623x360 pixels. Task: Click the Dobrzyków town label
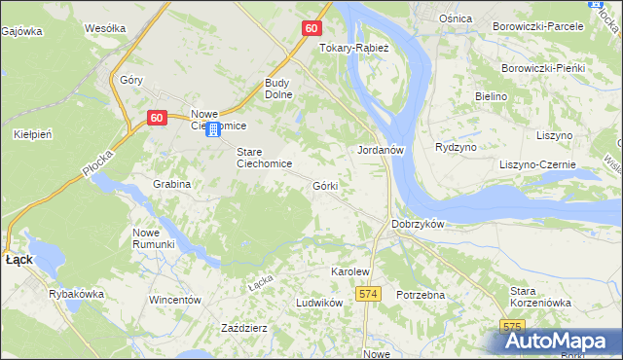418,224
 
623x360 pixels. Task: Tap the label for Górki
325,185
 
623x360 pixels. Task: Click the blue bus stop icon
212,129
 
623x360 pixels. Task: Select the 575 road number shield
512,327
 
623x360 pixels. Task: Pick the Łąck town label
19,261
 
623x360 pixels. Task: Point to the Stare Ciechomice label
265,158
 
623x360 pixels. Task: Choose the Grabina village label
170,183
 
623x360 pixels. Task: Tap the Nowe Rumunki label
153,238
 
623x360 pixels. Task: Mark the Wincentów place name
174,300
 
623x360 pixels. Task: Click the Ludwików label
320,303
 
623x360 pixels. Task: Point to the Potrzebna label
421,294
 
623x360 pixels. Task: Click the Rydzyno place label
456,147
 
